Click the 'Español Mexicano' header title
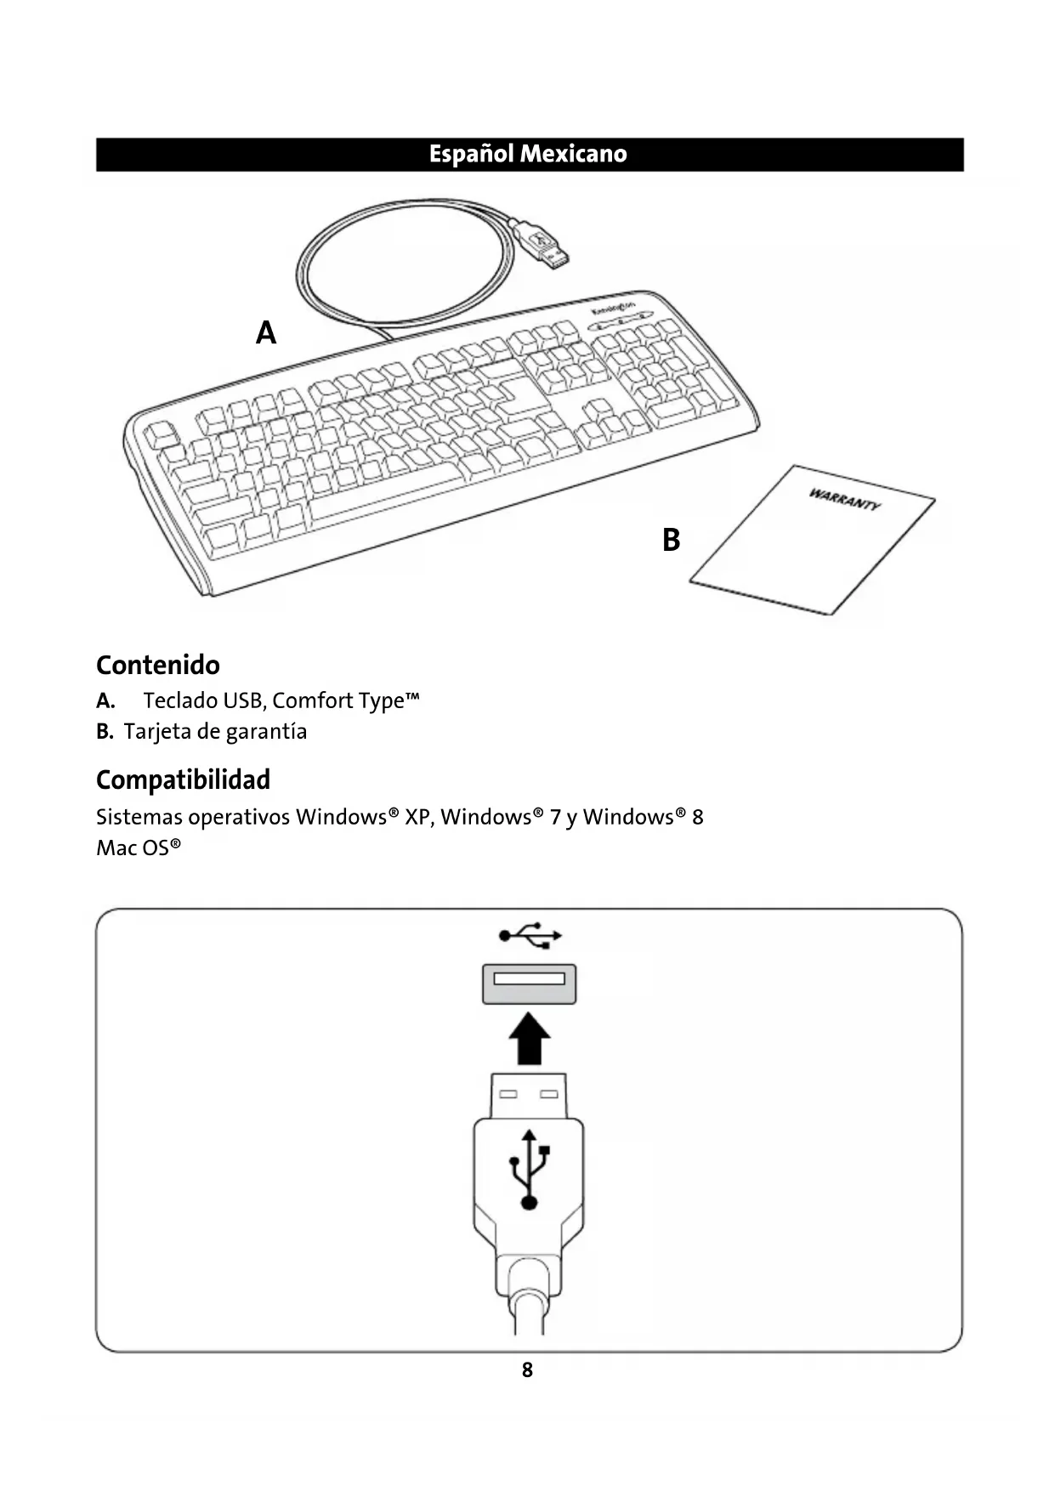(527, 154)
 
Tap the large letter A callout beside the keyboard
(266, 332)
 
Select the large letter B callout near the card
(671, 540)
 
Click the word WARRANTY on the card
(843, 499)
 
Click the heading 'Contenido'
(158, 665)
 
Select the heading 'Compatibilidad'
(183, 780)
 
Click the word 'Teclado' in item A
(180, 700)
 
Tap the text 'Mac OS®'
(139, 848)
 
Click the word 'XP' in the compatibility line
(418, 817)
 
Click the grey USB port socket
(529, 983)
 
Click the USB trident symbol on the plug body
(529, 1169)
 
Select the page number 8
(527, 1369)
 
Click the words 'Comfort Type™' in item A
(346, 700)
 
